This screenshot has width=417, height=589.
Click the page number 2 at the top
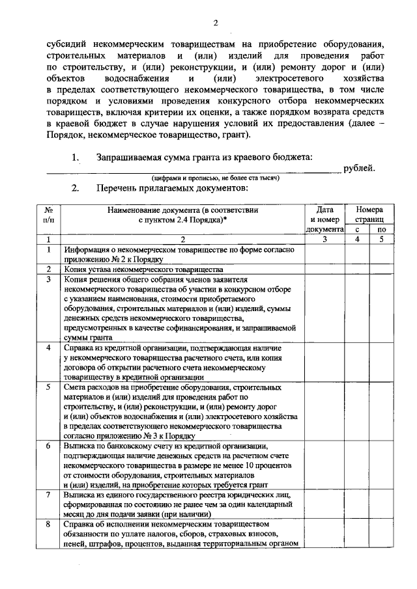[x=216, y=24]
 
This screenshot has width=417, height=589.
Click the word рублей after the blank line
[x=360, y=169]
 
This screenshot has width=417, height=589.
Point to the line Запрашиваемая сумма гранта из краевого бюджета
[x=204, y=157]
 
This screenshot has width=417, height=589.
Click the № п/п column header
[x=48, y=215]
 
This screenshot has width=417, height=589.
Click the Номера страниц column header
[x=369, y=215]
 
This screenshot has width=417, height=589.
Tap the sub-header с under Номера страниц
[x=356, y=229]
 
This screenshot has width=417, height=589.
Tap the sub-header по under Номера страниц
[x=382, y=229]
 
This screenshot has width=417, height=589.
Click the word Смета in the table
[x=76, y=387]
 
